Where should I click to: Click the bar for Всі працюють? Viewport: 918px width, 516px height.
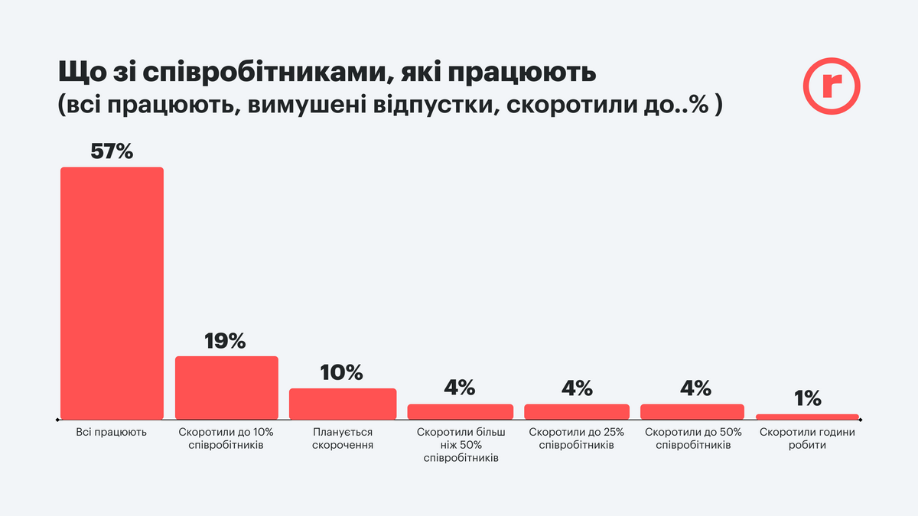112,293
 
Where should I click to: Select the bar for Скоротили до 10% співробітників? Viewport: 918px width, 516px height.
226,388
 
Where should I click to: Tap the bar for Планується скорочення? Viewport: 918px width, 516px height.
343,404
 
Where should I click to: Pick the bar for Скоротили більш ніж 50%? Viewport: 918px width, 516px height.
460,411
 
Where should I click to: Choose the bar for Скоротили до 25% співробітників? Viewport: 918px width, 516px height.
577,411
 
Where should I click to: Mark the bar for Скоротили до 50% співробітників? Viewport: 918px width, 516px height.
692,411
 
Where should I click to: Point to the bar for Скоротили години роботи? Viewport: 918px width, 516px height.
807,417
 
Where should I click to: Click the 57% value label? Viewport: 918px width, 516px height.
112,151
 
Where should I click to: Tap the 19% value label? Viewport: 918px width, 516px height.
226,340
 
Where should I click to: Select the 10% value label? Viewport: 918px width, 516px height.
342,372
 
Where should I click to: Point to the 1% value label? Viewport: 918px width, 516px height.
807,398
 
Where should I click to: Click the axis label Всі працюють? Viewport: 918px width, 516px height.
112,432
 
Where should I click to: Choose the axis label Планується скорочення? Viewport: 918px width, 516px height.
343,438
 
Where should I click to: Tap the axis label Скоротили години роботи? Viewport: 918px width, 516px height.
807,438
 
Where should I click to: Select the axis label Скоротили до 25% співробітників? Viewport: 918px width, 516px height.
577,438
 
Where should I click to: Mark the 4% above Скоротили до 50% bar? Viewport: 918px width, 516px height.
692,388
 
